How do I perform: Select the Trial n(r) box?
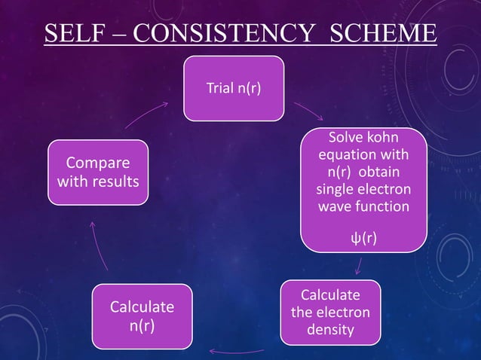point(234,88)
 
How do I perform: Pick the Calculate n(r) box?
point(142,317)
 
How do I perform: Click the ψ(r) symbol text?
point(363,239)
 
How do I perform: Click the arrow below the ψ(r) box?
point(359,265)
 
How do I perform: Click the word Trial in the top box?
point(219,88)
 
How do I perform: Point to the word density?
point(330,330)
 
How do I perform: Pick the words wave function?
point(363,205)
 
